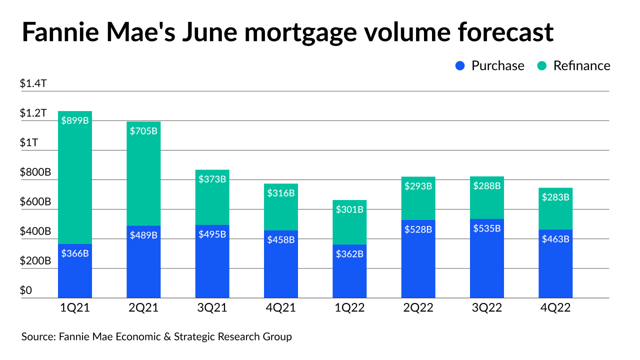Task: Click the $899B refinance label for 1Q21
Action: [x=75, y=120]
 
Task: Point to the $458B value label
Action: [x=281, y=239]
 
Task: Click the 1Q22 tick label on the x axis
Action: [x=349, y=308]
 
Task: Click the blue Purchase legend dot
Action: [x=461, y=66]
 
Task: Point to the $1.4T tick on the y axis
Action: [x=33, y=84]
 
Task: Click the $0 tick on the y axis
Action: [x=26, y=290]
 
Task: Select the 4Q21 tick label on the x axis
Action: [x=281, y=308]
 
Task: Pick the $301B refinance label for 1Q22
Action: [x=349, y=209]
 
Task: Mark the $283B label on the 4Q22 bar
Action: [x=555, y=197]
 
